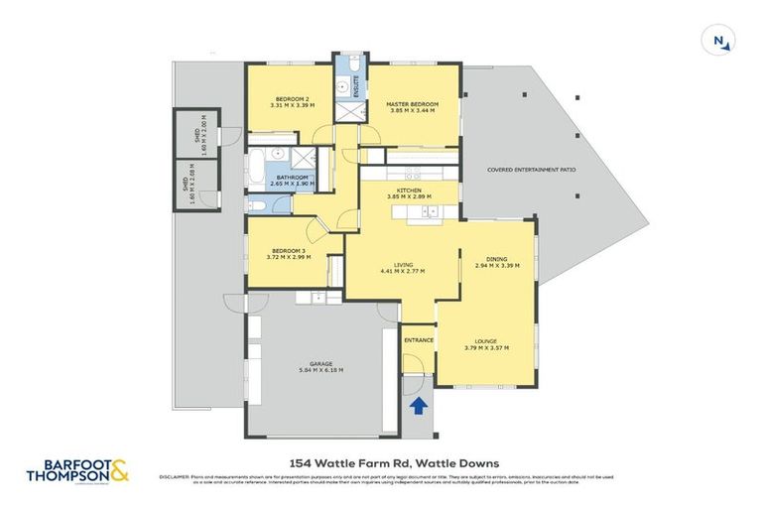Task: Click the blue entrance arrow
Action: [418, 405]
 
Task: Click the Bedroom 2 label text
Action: [292, 99]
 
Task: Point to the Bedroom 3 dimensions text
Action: [288, 257]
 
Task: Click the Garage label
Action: [319, 364]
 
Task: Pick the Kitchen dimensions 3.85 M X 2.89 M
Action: [409, 197]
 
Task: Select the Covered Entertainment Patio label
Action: [531, 170]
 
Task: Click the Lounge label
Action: [485, 340]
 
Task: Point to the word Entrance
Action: [418, 340]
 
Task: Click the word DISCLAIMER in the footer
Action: [175, 477]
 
